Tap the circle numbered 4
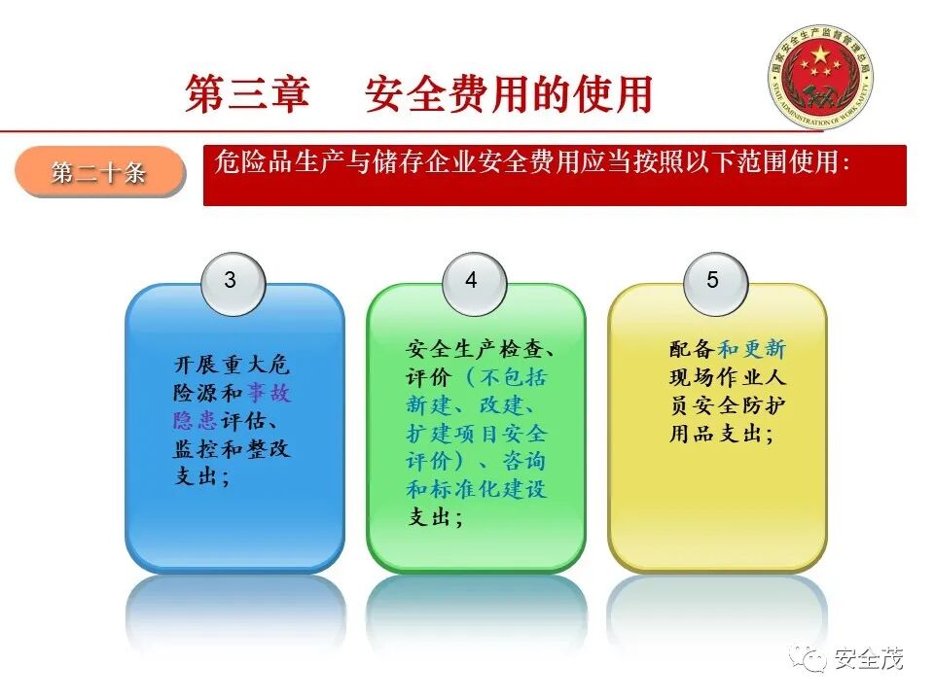[x=471, y=281]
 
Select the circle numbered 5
[x=712, y=281]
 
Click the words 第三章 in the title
[x=247, y=94]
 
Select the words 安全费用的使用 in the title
[x=508, y=94]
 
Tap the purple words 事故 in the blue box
[x=269, y=394]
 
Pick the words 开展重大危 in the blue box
[x=232, y=366]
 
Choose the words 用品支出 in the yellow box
[x=714, y=435]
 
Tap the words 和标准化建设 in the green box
[x=477, y=489]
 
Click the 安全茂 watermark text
[x=868, y=659]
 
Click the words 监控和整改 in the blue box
[x=232, y=449]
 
